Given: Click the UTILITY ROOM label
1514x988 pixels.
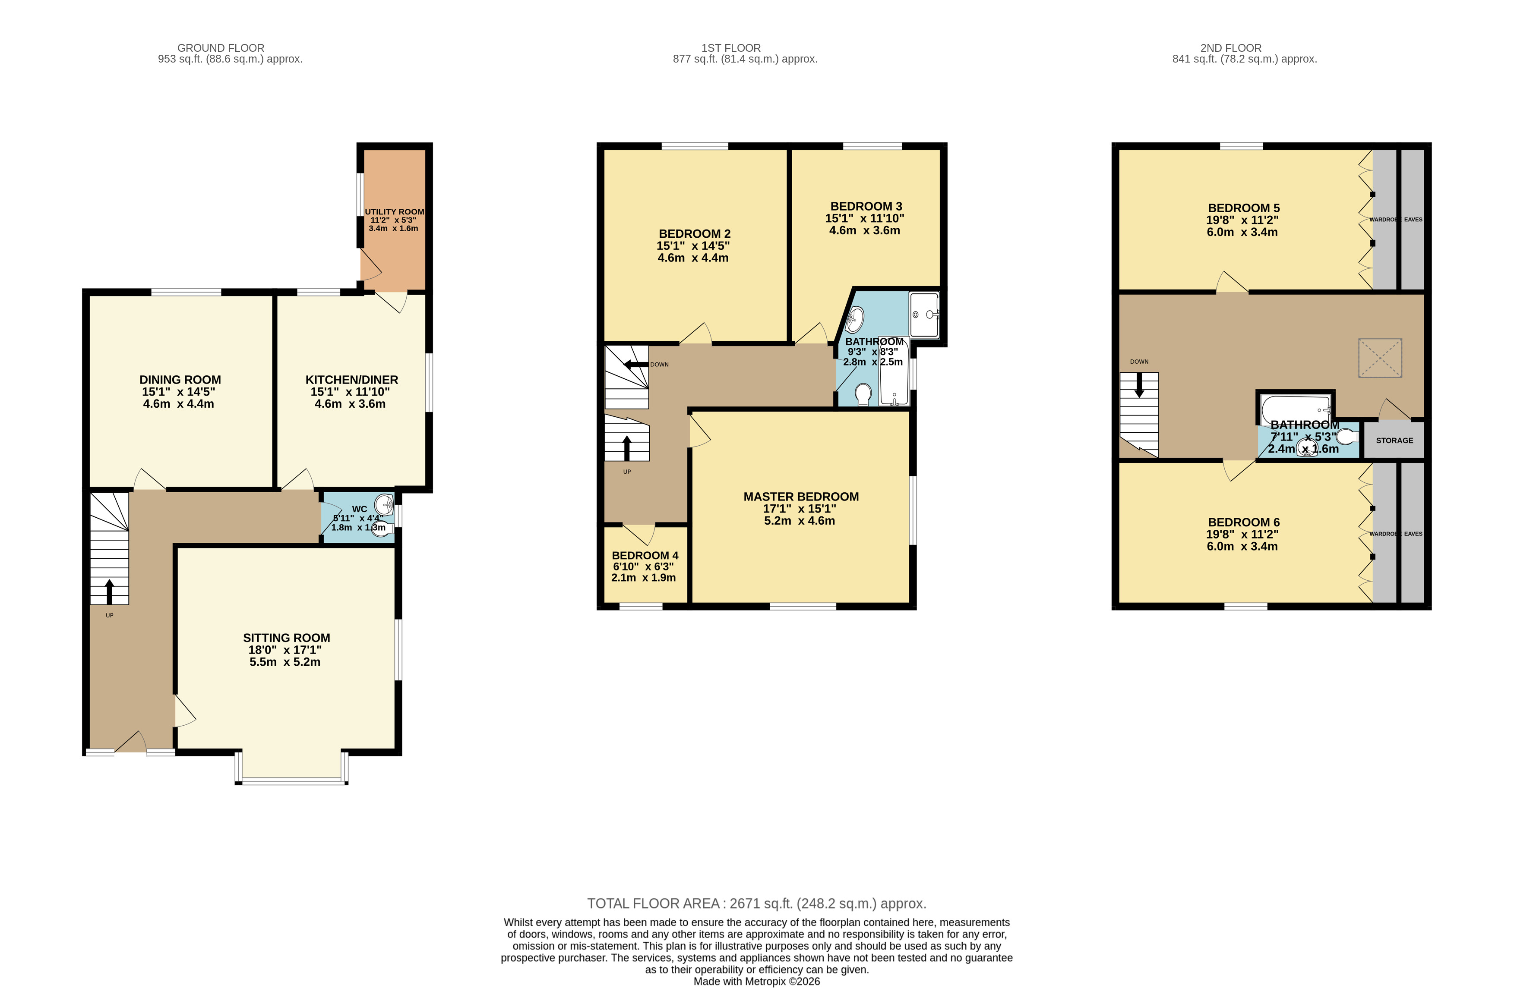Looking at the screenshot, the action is point(395,212).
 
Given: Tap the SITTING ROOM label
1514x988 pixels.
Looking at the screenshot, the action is point(286,638).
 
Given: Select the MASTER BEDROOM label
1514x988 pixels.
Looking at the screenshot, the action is point(801,497).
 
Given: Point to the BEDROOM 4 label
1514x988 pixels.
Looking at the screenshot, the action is point(645,555).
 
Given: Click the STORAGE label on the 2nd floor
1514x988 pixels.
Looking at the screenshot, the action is point(1394,440).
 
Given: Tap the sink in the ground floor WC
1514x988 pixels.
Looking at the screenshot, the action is point(384,506).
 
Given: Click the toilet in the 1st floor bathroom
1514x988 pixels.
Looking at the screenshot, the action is point(863,394).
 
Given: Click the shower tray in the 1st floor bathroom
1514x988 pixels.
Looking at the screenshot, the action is point(924,314).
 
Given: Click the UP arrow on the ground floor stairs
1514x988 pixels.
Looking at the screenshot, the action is point(109,591).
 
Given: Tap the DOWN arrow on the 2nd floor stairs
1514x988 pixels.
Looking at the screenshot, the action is point(1139,385).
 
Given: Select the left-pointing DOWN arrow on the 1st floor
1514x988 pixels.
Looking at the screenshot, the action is point(636,364).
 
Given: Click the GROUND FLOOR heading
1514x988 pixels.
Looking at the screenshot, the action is point(221,48).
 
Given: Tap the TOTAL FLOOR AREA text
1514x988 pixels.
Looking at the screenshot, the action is point(756,903).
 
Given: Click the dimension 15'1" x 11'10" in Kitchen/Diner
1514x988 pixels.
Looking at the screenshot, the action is point(350,392).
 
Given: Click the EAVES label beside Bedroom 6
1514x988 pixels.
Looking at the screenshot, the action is point(1413,534).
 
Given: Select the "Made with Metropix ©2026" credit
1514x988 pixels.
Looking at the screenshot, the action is point(756,981).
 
